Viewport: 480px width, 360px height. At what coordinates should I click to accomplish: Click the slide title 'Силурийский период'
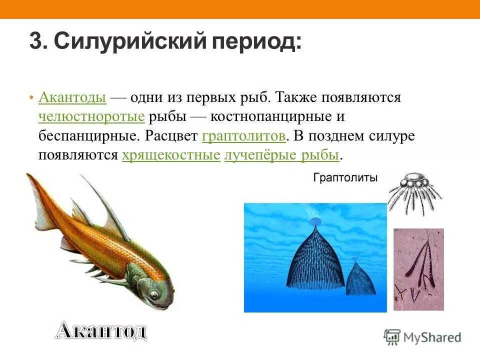tap(177, 41)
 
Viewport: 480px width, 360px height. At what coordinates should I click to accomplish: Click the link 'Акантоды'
tap(72, 97)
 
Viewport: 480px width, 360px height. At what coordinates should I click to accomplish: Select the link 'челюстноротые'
tap(91, 116)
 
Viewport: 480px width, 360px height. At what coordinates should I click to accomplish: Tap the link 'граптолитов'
tap(244, 136)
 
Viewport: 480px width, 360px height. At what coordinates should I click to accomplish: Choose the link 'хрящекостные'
tap(171, 155)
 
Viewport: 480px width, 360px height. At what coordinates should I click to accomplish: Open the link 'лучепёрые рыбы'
tap(282, 155)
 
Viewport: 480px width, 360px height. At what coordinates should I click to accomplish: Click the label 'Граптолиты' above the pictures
tap(345, 177)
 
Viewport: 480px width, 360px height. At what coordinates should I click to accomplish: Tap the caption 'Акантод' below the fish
tap(100, 331)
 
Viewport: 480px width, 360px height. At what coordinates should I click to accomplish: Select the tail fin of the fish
tap(40, 200)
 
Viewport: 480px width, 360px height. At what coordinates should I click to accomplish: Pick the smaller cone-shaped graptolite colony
tap(360, 277)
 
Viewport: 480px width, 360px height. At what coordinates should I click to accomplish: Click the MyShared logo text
tap(433, 337)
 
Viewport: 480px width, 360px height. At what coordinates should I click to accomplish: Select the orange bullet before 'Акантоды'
tap(31, 97)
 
